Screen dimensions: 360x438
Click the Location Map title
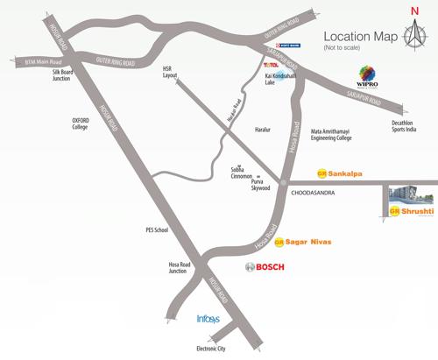[x=362, y=37]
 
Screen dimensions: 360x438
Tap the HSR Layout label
[x=170, y=71]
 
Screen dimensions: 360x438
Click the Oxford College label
[x=86, y=124]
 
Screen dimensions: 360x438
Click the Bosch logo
[x=264, y=266]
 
